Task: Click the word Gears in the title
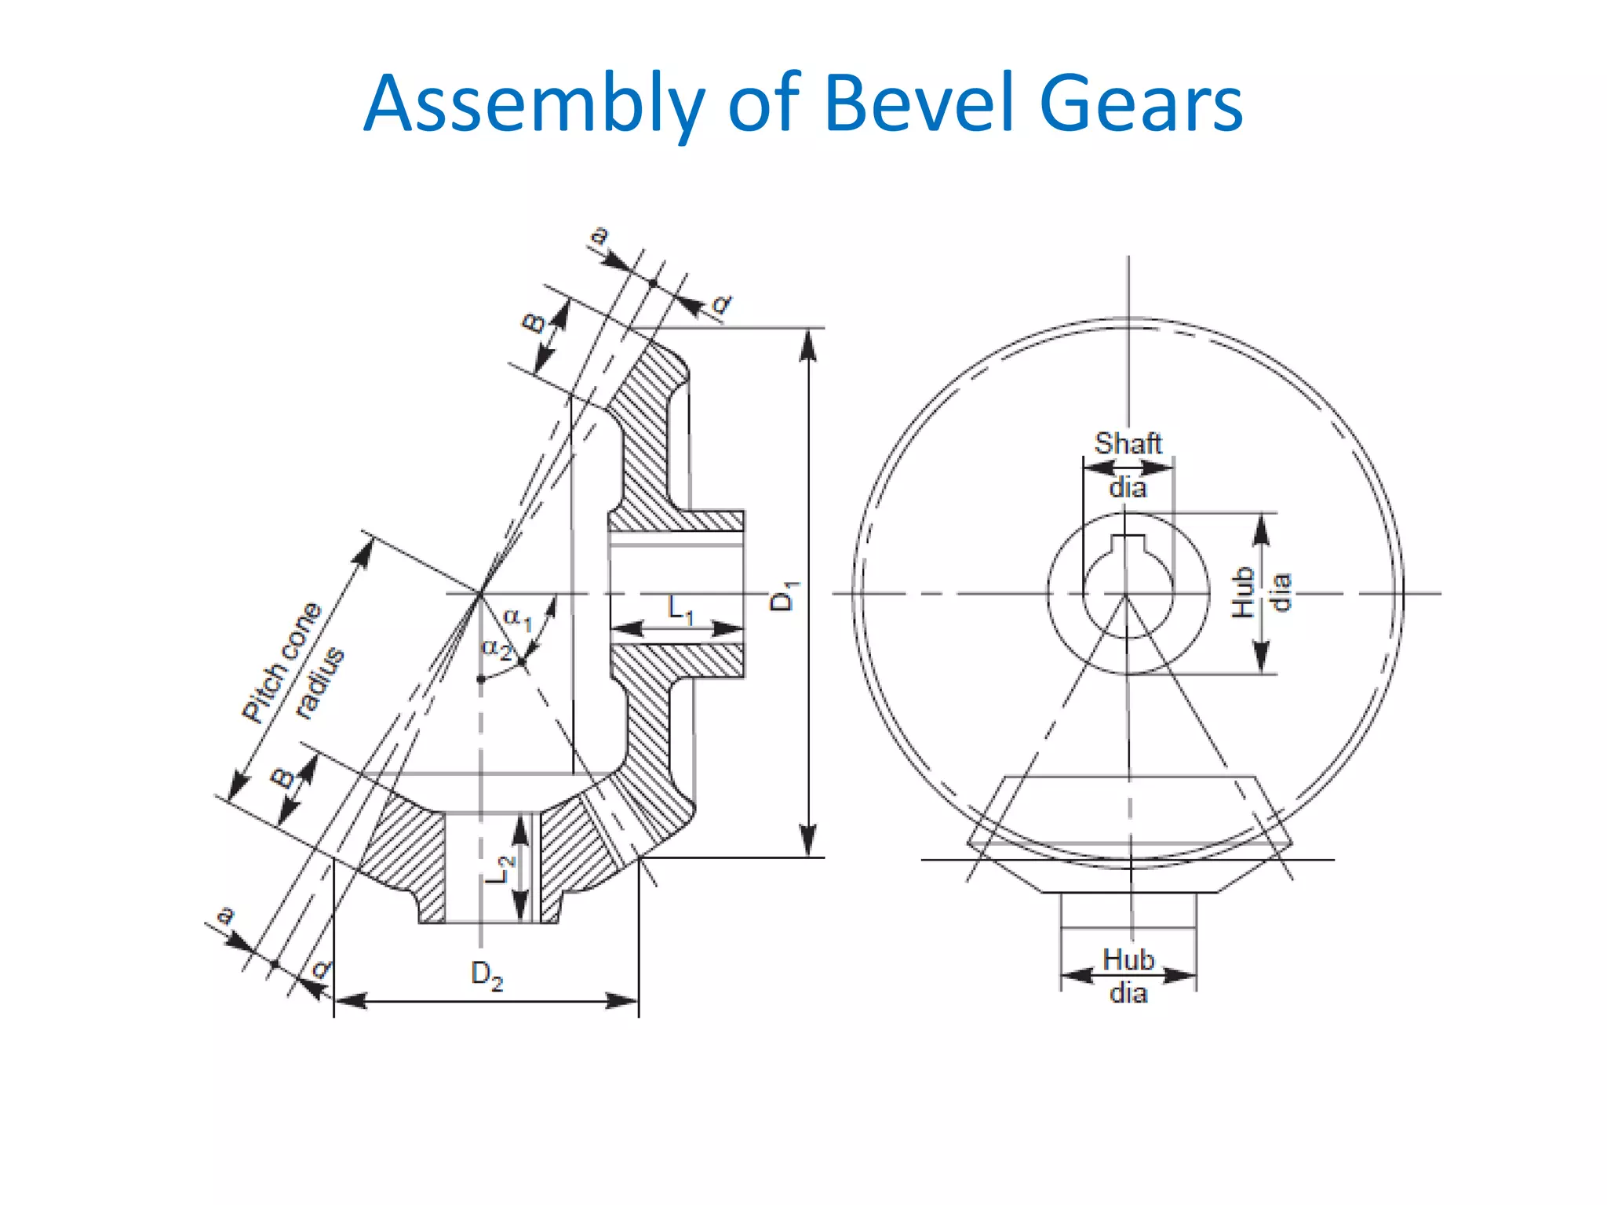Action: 1141,104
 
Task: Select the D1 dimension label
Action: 782,596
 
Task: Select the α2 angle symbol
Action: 497,649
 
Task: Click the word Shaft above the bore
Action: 1128,443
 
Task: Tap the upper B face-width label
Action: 534,322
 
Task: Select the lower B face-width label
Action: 282,778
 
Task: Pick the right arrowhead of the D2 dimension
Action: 624,1000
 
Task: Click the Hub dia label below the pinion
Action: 1128,975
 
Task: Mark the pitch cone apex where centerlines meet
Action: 480,593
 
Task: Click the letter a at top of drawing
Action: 599,235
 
